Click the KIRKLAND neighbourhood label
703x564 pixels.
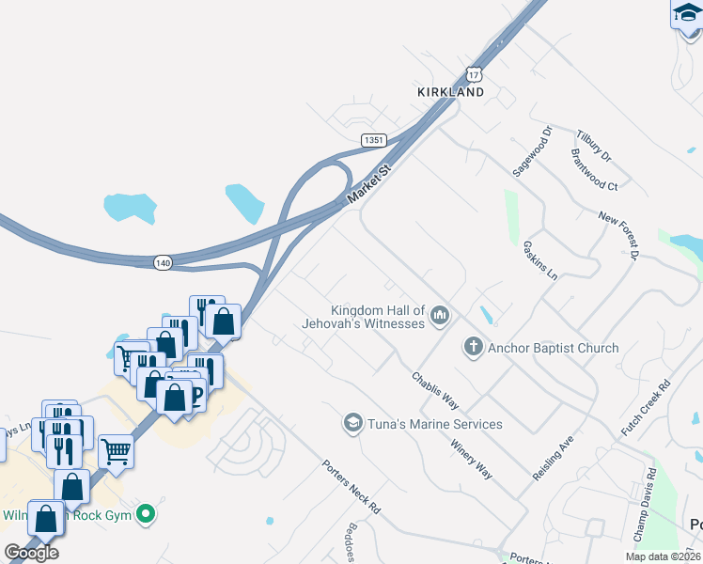point(451,92)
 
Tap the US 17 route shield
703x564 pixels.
point(475,74)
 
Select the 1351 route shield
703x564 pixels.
point(373,139)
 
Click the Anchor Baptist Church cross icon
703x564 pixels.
point(473,348)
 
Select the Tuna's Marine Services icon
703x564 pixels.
point(353,424)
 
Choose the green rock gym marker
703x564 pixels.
point(145,513)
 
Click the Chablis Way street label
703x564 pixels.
point(434,390)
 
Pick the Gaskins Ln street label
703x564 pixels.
point(539,259)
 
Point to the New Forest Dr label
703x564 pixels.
point(619,234)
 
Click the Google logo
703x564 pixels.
point(31,553)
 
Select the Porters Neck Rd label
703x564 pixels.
point(350,485)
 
